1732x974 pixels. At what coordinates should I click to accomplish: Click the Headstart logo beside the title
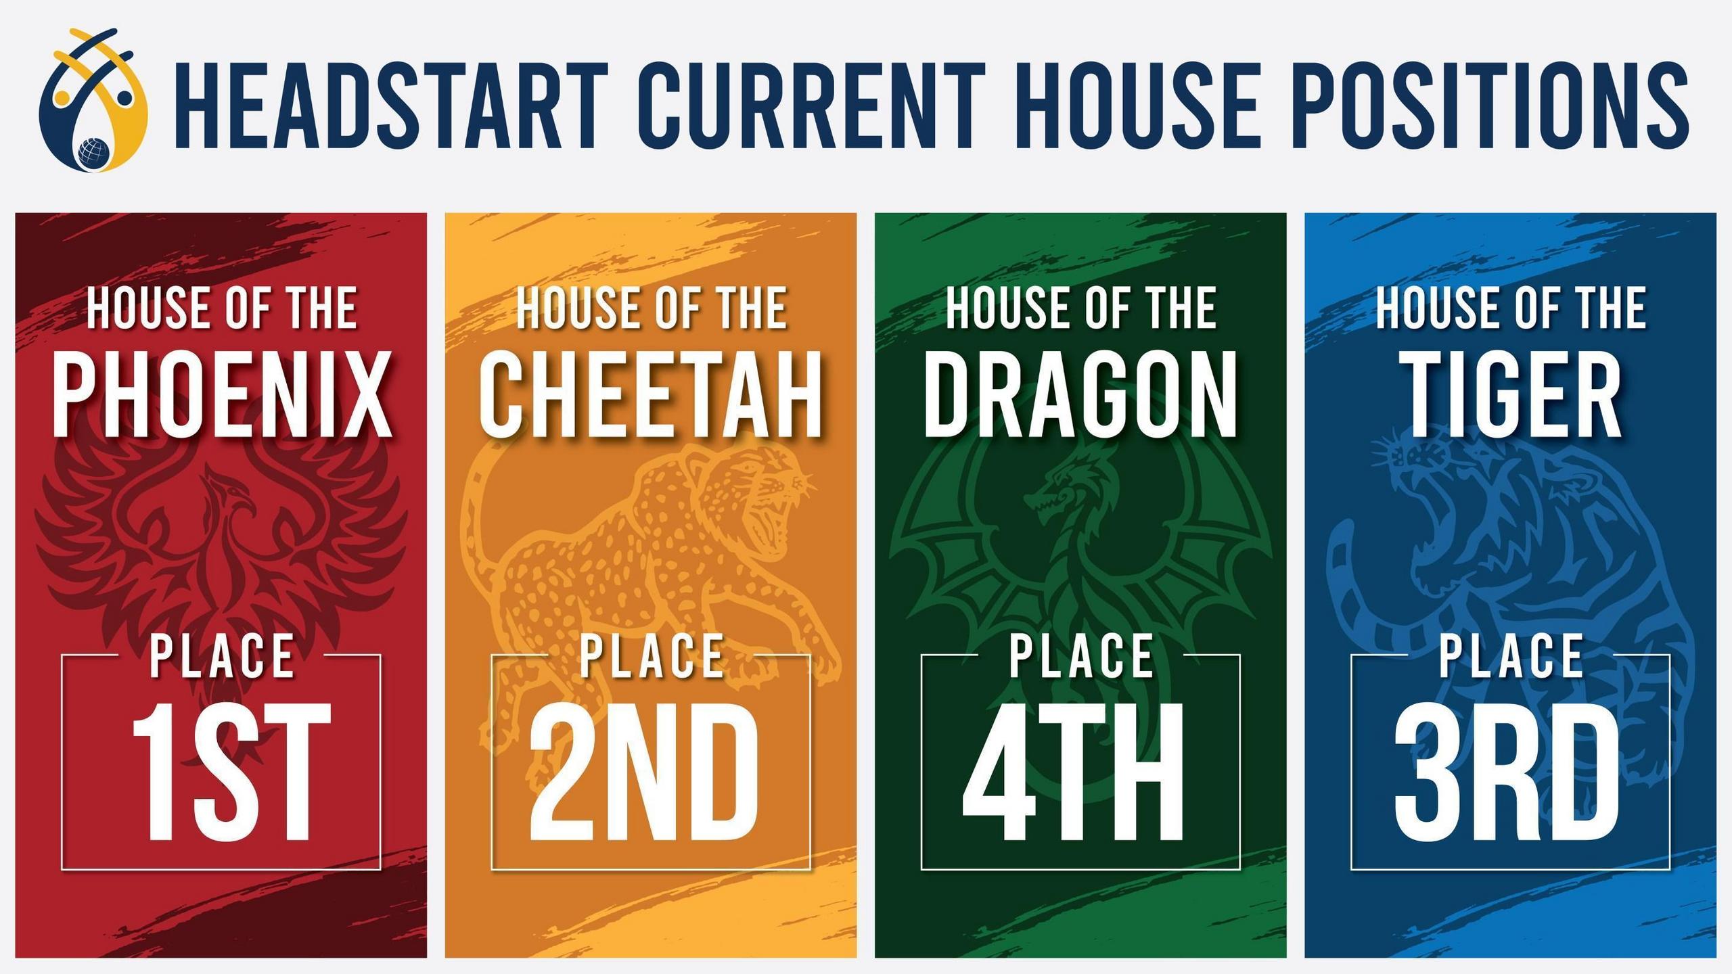tap(93, 100)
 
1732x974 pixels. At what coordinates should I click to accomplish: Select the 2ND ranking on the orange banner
tap(643, 770)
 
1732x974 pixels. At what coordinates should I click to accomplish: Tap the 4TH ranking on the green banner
tap(1073, 770)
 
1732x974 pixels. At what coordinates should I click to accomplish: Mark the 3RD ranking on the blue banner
tap(1507, 770)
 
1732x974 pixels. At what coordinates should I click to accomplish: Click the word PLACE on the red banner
tap(222, 655)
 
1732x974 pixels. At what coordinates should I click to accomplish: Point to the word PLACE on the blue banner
tap(1511, 655)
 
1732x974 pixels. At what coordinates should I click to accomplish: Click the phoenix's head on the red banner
tap(227, 497)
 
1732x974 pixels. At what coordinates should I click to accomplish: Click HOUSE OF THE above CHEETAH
tap(652, 308)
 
